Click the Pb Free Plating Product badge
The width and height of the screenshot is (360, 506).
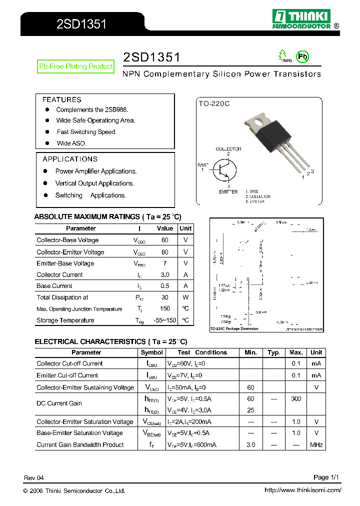coord(75,66)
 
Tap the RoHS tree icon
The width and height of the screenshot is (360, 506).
coord(283,55)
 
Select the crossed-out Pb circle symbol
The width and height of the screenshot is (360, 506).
coord(302,56)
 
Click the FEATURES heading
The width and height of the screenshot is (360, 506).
coord(61,99)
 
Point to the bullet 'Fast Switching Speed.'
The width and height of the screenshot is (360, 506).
coord(86,132)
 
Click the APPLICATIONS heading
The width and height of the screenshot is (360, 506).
coord(70,159)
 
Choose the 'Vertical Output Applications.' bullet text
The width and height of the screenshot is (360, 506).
coord(94,183)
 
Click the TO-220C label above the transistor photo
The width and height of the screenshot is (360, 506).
coord(214,103)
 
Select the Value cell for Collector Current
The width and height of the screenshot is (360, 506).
coord(164,274)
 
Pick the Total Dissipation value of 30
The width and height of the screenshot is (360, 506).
coord(164,297)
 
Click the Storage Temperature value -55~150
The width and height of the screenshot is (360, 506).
coord(164,320)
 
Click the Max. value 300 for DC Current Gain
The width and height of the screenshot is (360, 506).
coord(296,399)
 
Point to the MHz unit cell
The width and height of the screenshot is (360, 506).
coord(316,444)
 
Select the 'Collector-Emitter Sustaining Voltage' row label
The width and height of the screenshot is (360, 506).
coord(85,387)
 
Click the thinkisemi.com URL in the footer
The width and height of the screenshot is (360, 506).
coord(302,490)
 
